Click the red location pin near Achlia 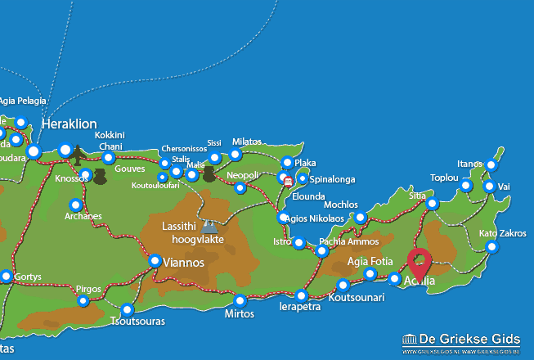coord(420,263)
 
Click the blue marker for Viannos coord(155,261)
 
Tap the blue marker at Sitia coord(432,204)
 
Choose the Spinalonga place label coord(332,178)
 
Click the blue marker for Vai coord(488,187)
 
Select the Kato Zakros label coord(502,233)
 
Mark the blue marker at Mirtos coord(240,299)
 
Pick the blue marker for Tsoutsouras coord(127,309)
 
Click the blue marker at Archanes coord(76,205)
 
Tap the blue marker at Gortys coord(7,277)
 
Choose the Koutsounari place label coord(356,298)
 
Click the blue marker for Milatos coord(236,154)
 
